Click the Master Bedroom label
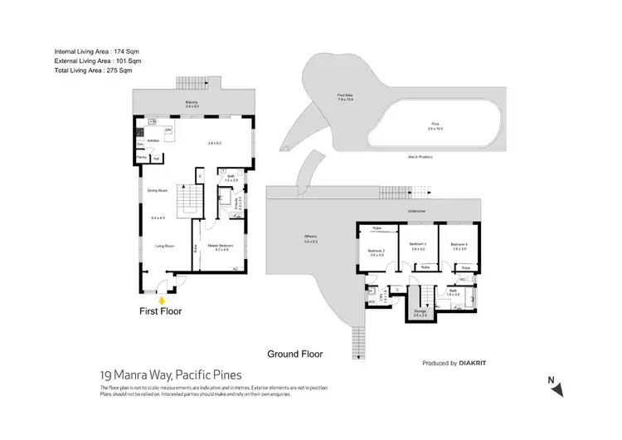[220, 247]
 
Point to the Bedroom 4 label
[459, 246]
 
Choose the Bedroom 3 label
[417, 246]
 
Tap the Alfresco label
[311, 239]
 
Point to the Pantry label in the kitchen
[141, 156]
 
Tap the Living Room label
[153, 246]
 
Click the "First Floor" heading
[161, 311]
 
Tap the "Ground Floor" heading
[294, 354]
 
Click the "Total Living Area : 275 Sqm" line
[93, 71]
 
